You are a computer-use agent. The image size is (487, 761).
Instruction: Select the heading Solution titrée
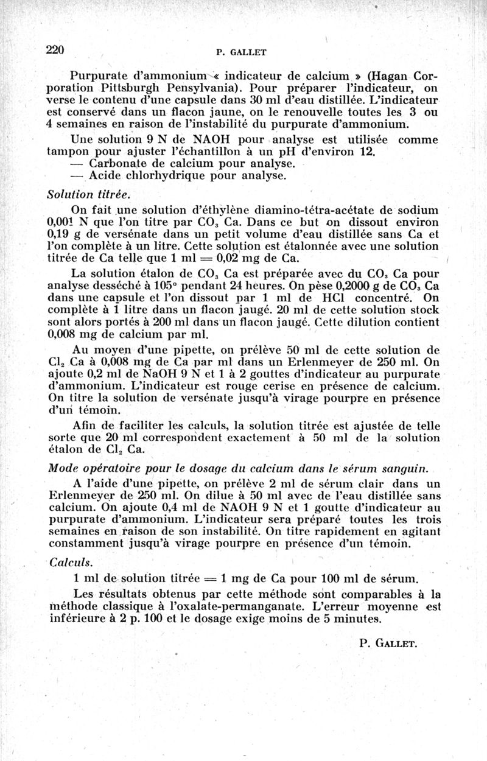(88, 194)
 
